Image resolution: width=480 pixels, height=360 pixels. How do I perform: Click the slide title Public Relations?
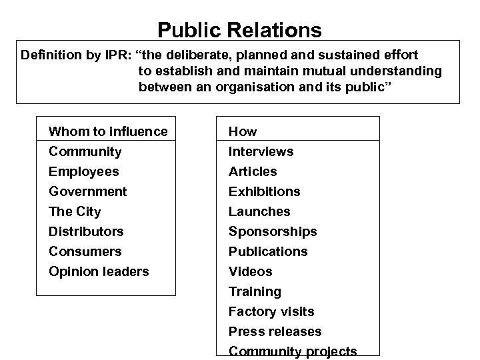pos(239,30)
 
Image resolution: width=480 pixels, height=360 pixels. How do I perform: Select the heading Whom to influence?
pos(108,131)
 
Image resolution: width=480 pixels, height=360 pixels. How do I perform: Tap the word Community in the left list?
pos(85,151)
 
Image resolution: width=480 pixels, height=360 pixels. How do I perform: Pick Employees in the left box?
pos(84,171)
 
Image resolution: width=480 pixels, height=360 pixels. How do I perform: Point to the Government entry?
pos(88,191)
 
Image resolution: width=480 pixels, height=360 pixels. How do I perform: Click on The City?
pos(75,211)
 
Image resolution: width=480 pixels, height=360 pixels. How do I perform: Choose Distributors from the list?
pos(86,231)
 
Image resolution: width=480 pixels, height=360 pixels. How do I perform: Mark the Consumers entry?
pos(85,251)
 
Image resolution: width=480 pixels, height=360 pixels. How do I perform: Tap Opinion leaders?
pos(99,271)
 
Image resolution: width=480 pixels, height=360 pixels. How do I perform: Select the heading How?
pos(243,131)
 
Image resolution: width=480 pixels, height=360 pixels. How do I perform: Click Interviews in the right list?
pos(261,151)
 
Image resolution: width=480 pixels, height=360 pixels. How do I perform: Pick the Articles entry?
pos(253,171)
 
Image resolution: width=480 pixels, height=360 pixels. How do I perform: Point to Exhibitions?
pos(264,191)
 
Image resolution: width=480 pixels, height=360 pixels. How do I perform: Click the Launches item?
pos(259,211)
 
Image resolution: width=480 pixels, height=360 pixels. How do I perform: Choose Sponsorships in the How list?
pos(273,231)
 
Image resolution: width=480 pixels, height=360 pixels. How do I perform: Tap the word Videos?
pos(250,271)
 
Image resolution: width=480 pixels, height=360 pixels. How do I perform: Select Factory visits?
pos(271,311)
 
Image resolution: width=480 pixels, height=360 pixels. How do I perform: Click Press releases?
pos(275,331)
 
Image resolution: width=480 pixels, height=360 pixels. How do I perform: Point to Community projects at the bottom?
pos(293,351)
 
